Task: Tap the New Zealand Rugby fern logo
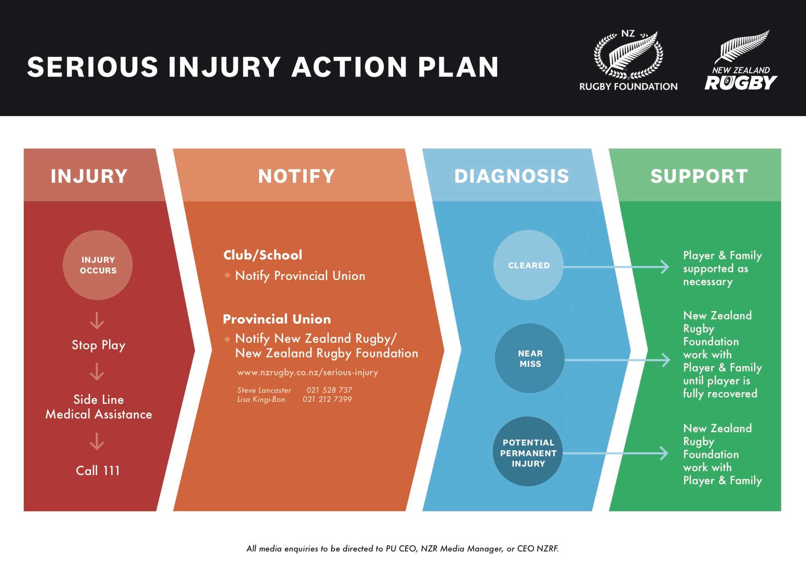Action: [741, 60]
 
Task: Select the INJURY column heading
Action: [89, 176]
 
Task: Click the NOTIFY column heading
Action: [297, 176]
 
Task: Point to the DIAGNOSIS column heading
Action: [511, 176]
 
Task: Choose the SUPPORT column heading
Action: [699, 176]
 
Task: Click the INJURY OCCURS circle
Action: [98, 265]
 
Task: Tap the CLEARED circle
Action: [528, 265]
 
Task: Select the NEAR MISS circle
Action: [530, 358]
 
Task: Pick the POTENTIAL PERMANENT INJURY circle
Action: [528, 452]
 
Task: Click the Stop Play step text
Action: [99, 345]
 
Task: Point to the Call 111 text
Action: [98, 470]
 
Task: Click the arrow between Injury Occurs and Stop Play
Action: [97, 321]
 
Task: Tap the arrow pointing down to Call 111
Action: [97, 441]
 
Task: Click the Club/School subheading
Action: [263, 255]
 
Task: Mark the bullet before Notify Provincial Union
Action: [227, 275]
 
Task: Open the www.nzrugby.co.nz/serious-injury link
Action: [307, 372]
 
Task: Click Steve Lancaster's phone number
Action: [329, 390]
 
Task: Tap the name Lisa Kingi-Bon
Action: [261, 399]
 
